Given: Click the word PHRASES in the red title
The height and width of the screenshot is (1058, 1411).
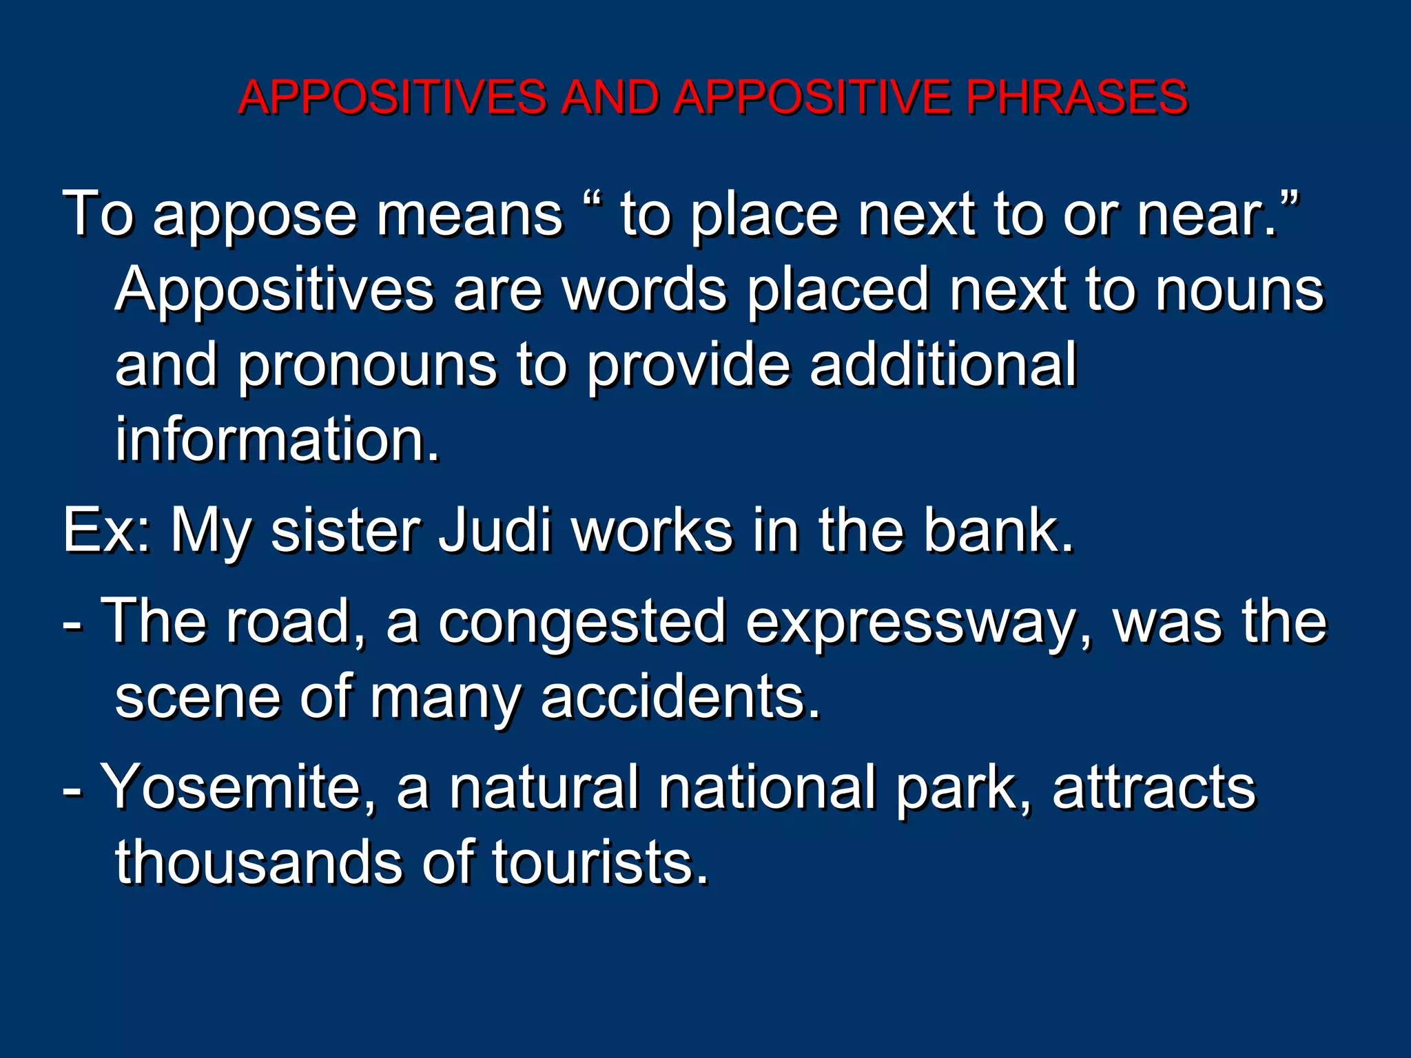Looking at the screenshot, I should pyautogui.click(x=1076, y=96).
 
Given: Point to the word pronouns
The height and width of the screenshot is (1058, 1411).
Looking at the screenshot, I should pyautogui.click(x=367, y=366).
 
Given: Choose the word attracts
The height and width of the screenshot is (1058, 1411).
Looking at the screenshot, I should pyautogui.click(x=1154, y=787).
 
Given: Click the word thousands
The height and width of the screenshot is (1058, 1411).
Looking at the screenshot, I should pyautogui.click(x=258, y=862).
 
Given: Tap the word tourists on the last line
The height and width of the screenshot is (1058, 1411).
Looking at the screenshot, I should pyautogui.click(x=599, y=862).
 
